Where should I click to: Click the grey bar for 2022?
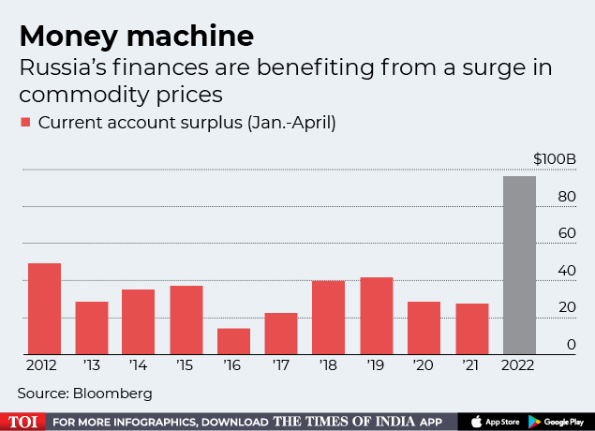pyautogui.click(x=520, y=265)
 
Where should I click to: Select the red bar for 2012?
pyautogui.click(x=44, y=309)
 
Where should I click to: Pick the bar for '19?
pyautogui.click(x=377, y=316)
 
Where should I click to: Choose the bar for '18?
pyautogui.click(x=329, y=318)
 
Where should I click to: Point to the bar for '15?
pyautogui.click(x=186, y=320)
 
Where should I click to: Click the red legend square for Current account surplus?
pyautogui.click(x=26, y=123)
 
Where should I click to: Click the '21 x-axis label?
pyautogui.click(x=472, y=365)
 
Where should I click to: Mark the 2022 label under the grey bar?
pyautogui.click(x=520, y=365)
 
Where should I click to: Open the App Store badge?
pyautogui.click(x=491, y=422)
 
